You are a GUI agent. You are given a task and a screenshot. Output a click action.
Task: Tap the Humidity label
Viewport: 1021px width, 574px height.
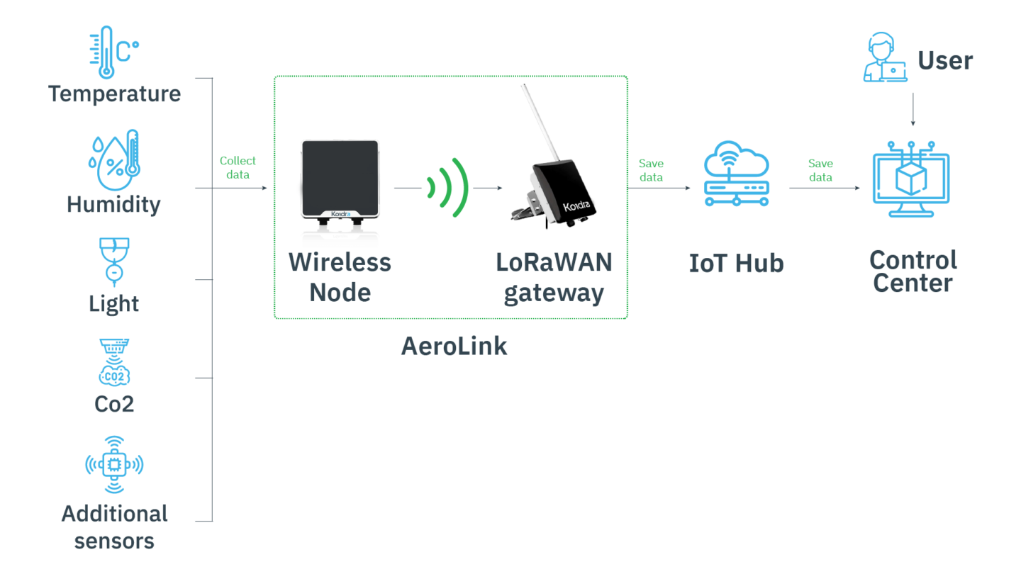tap(113, 205)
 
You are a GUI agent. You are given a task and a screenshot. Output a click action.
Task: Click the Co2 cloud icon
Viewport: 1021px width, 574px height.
tap(114, 361)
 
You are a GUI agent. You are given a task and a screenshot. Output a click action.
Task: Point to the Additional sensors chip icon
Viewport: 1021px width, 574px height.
tap(114, 465)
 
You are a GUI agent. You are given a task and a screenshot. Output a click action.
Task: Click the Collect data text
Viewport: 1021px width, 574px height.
tap(238, 168)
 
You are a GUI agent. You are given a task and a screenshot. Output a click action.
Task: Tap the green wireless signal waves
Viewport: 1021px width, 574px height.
tap(447, 188)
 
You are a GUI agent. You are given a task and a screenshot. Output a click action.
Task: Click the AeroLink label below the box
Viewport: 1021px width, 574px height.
tap(454, 347)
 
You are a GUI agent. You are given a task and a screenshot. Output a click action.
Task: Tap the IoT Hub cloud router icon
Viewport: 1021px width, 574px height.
tap(737, 174)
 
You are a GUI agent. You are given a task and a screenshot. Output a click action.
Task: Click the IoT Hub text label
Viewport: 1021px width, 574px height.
tap(736, 264)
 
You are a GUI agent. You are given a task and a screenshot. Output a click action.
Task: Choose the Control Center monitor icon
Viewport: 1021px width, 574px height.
tap(911, 179)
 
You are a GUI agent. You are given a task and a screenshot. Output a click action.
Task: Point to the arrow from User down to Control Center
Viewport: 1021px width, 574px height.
tap(913, 109)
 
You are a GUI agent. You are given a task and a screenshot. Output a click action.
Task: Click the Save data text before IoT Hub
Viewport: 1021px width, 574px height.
tap(651, 170)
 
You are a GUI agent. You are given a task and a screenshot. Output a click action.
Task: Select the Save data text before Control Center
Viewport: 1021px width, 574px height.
tap(820, 170)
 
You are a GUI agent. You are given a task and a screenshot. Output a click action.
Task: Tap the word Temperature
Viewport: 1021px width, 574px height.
tap(114, 94)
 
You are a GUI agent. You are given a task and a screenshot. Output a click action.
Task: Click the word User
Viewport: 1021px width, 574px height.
tap(945, 60)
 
